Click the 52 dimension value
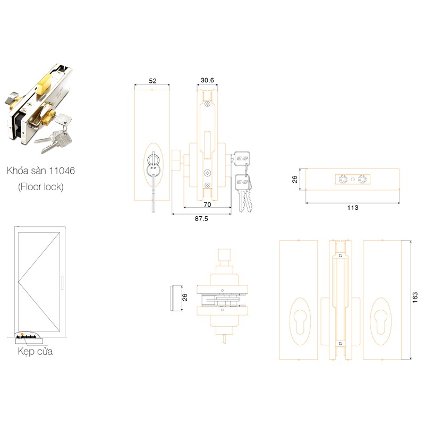[152, 81]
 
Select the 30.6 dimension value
[207, 81]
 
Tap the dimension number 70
[207, 204]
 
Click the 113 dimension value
[352, 207]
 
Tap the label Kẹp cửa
[35, 352]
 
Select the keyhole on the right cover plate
[380, 322]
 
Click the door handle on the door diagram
[62, 283]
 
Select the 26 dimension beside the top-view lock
[185, 297]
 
